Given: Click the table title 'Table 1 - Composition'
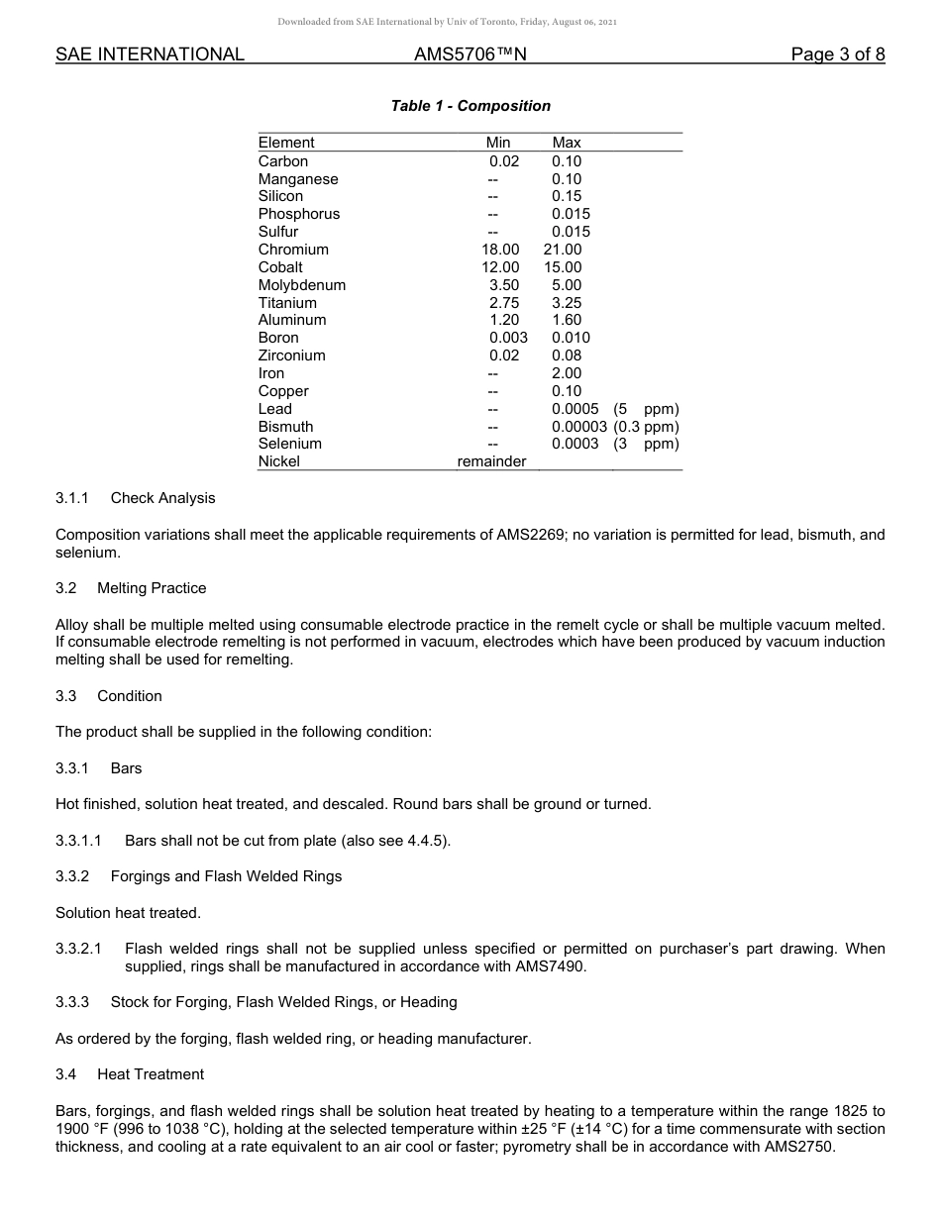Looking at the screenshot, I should (x=470, y=106).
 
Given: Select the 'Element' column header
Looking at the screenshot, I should (x=286, y=143).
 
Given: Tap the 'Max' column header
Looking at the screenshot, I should (x=567, y=143).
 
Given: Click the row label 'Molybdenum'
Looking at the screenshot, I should (x=302, y=285).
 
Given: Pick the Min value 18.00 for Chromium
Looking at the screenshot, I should (x=500, y=250).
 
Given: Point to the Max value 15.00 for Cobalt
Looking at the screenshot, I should (x=563, y=267).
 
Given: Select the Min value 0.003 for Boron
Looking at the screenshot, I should (x=508, y=338).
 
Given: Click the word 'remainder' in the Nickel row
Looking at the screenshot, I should (x=491, y=461).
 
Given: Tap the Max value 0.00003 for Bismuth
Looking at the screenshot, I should (x=579, y=427).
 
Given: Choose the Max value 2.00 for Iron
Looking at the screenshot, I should (x=567, y=373).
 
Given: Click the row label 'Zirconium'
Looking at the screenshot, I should (x=291, y=355).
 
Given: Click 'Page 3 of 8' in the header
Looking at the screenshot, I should (x=837, y=54).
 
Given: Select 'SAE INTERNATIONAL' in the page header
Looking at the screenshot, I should (x=150, y=54).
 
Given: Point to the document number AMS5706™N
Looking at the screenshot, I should (x=470, y=54).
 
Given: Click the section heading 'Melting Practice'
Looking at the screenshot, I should (x=152, y=588).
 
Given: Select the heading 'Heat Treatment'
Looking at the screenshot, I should (x=151, y=1074).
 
